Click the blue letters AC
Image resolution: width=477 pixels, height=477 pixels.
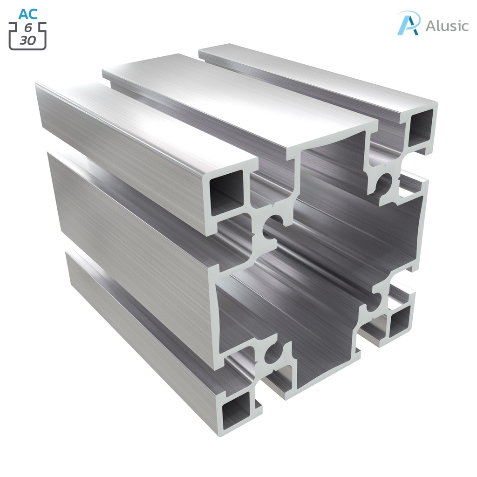click(28, 14)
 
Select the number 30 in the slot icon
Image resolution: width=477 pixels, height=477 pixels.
click(28, 41)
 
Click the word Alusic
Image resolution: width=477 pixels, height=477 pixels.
click(447, 26)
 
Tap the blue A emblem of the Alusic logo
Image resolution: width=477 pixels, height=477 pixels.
click(409, 23)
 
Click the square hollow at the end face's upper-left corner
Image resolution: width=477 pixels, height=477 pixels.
click(226, 192)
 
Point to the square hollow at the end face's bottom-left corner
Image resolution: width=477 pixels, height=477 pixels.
click(236, 412)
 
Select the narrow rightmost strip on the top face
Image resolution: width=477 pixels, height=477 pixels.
click(317, 75)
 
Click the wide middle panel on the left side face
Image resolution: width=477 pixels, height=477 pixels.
click(130, 224)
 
